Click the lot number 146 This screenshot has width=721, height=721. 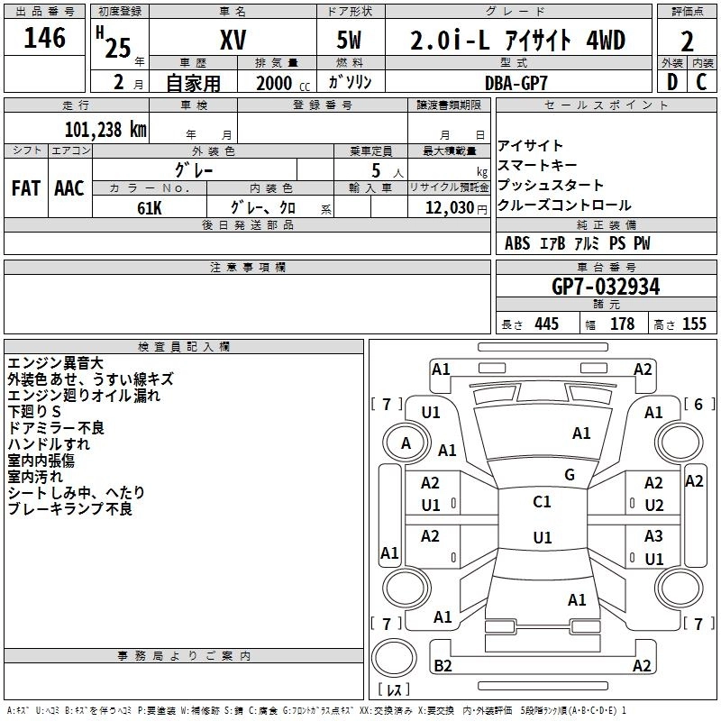(44, 38)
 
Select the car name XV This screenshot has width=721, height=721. (233, 40)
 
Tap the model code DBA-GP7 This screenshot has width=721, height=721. (516, 83)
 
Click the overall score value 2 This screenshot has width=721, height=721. (687, 41)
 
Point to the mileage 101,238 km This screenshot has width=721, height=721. (105, 130)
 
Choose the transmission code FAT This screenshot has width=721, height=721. (26, 188)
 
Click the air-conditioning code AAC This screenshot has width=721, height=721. (69, 188)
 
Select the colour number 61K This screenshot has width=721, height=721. (150, 208)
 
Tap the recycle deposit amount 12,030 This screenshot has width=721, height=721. (450, 208)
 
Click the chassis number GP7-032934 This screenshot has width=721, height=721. (606, 287)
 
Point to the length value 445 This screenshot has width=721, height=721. (547, 324)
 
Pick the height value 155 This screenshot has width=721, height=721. (694, 324)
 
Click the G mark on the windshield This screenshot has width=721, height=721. (570, 475)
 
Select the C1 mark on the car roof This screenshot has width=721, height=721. (543, 502)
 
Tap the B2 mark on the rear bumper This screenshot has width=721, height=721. (443, 665)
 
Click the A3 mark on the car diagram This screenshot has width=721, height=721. (653, 536)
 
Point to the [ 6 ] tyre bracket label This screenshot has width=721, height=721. (699, 404)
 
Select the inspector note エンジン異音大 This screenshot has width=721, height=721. (56, 363)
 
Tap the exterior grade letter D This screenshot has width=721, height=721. (672, 82)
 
